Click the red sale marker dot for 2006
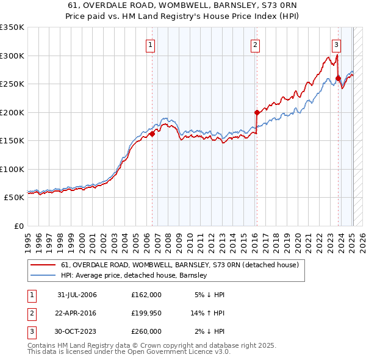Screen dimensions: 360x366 [152, 134]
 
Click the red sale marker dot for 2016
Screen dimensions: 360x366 [257, 112]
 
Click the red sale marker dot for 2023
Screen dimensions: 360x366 [338, 78]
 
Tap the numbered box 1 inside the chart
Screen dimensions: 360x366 [150, 44]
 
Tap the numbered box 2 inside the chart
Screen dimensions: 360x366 [255, 44]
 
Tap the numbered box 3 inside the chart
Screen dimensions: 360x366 [336, 44]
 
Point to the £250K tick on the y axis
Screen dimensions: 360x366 [12, 84]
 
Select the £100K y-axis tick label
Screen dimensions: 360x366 [12, 170]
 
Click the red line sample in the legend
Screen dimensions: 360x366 [43, 265]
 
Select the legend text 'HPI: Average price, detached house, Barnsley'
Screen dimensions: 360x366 [134, 275]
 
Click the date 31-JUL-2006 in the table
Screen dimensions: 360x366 [77, 295]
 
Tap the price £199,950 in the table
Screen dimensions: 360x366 [146, 313]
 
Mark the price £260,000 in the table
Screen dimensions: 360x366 [146, 331]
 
